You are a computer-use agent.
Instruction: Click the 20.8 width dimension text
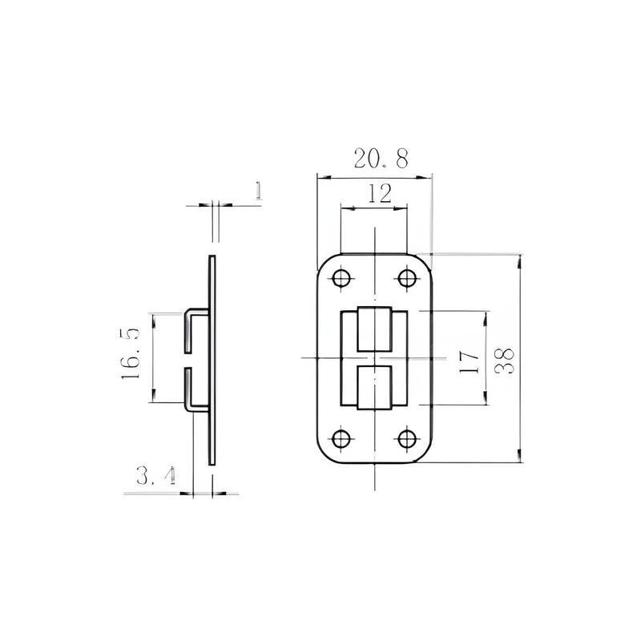[x=381, y=159]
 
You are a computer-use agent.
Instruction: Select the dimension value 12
[x=380, y=194]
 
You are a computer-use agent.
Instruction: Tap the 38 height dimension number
[x=505, y=361]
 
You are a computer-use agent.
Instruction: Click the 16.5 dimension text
[x=131, y=353]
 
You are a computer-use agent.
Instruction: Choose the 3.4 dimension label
[x=156, y=475]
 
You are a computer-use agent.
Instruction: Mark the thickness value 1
[x=258, y=191]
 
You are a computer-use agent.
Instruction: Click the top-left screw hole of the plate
[x=341, y=278]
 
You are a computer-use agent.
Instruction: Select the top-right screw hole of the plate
[x=407, y=278]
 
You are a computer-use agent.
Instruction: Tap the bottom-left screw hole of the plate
[x=341, y=439]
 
